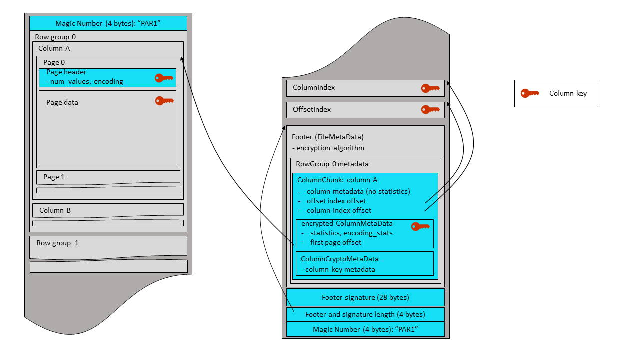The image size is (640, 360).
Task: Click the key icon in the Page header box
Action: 164,78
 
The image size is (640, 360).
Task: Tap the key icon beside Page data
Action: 164,101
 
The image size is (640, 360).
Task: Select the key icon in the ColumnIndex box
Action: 430,88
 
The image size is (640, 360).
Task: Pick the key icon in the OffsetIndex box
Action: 430,109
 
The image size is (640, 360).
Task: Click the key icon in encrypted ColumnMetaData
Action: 420,227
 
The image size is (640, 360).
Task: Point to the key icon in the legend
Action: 530,93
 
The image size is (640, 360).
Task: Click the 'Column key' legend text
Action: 568,93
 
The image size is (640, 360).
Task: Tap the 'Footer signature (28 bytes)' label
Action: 365,297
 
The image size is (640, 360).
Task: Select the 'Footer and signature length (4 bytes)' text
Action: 365,314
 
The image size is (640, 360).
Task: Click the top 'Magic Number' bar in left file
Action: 108,23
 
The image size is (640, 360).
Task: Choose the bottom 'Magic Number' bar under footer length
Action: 365,329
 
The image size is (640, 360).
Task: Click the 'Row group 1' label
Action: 57,243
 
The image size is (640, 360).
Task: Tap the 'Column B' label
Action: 54,210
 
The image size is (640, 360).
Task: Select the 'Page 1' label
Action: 54,177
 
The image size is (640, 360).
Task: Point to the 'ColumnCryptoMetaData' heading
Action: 339,259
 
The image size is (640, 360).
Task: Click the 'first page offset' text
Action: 335,242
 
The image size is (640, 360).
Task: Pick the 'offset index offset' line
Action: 336,201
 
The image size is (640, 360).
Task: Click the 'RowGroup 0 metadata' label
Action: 332,164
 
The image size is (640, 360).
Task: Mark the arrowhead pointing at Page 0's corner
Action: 182,59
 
